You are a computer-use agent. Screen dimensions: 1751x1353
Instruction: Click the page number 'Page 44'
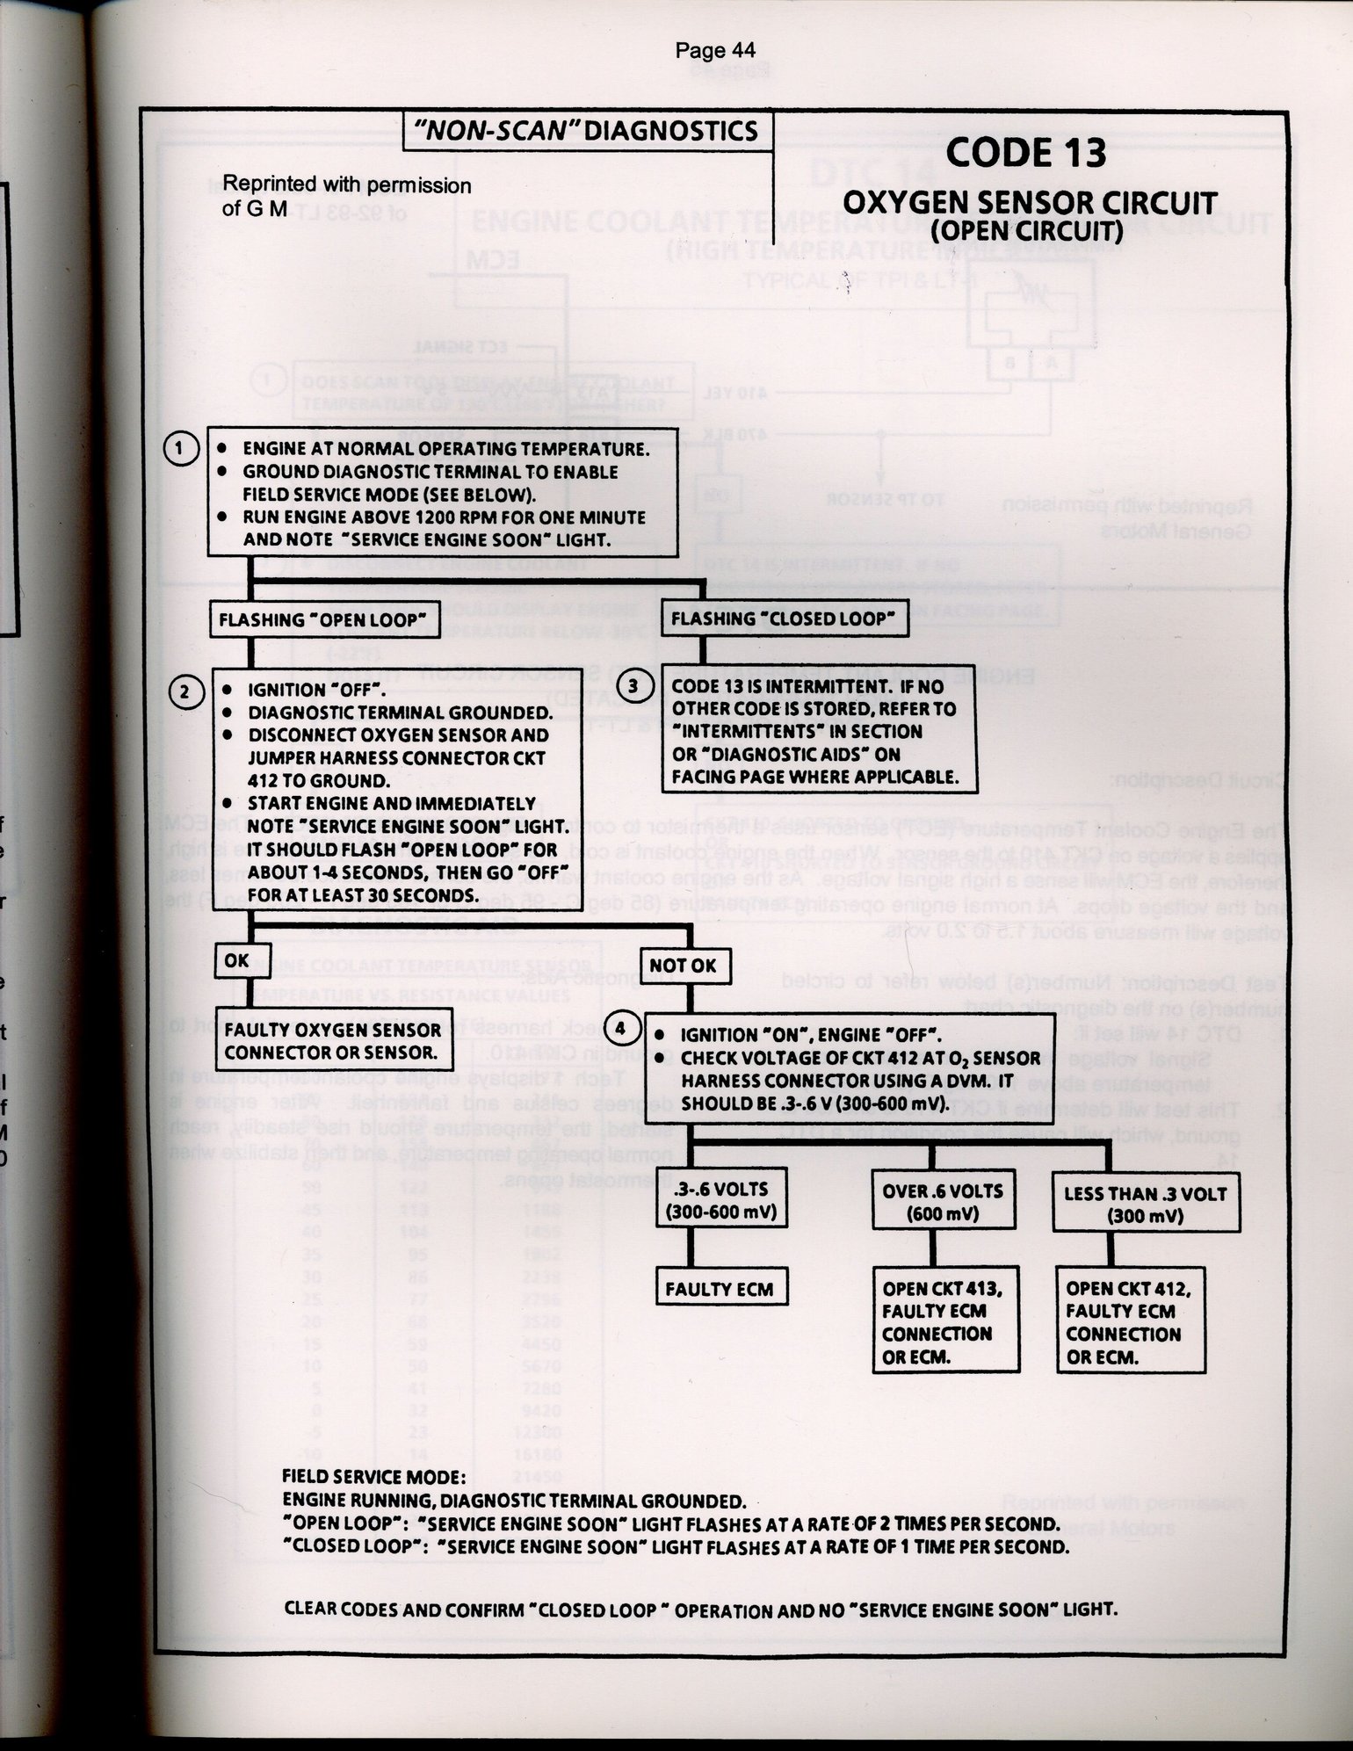coord(714,51)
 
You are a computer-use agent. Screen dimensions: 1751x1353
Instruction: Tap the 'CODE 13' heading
coord(1025,154)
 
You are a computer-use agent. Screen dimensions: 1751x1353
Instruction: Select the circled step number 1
coord(180,449)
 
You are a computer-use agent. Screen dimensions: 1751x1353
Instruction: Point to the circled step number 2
coord(184,691)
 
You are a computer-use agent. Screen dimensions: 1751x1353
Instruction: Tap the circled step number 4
coord(621,1029)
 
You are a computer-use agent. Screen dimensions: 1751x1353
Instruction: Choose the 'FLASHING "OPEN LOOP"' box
coord(322,619)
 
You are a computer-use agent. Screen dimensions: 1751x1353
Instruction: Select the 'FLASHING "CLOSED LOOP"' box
coord(782,619)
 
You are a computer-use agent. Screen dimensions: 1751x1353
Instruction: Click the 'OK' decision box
coord(236,960)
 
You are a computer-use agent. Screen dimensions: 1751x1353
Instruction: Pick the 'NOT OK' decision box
coord(683,966)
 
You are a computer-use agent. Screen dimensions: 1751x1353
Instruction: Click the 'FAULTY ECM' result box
coord(719,1289)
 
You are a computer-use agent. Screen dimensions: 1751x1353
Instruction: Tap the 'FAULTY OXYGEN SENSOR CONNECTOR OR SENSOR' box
coord(332,1040)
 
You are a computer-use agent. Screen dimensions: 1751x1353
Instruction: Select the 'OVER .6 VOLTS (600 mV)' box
coord(942,1202)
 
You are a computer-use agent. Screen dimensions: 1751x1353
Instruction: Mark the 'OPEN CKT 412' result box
coord(1129,1321)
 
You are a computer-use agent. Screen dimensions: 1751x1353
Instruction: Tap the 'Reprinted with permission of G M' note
coord(346,198)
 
